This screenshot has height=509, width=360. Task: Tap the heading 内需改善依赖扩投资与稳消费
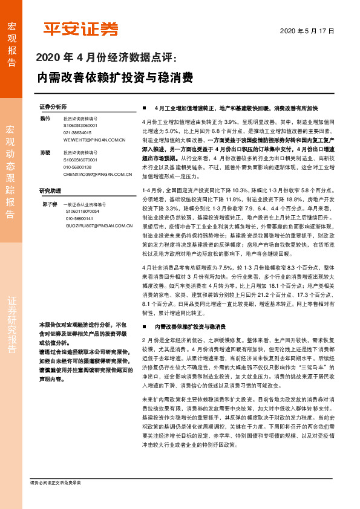[x=115, y=77]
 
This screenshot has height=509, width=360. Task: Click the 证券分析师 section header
[x=53, y=105]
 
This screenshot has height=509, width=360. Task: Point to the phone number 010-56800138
[x=77, y=167]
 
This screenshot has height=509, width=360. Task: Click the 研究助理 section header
[x=51, y=190]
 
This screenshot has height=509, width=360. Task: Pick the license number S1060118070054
[x=83, y=211]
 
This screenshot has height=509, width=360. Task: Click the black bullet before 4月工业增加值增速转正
[x=145, y=108]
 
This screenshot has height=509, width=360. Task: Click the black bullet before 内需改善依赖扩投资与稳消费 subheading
[x=145, y=326]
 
